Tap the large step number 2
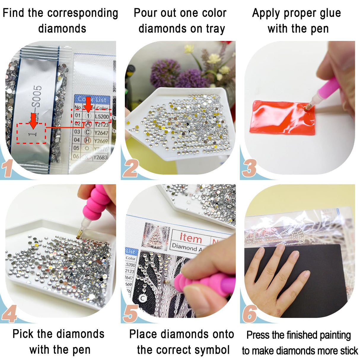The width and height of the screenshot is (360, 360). [130, 168]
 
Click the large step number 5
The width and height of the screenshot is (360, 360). [130, 314]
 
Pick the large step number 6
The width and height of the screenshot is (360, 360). [250, 314]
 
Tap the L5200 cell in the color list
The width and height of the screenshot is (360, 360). [102, 117]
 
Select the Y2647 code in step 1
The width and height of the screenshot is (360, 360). [101, 133]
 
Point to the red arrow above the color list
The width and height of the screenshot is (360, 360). [88, 106]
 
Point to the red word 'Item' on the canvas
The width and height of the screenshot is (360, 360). [191, 238]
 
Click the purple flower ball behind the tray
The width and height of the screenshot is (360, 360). [165, 73]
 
